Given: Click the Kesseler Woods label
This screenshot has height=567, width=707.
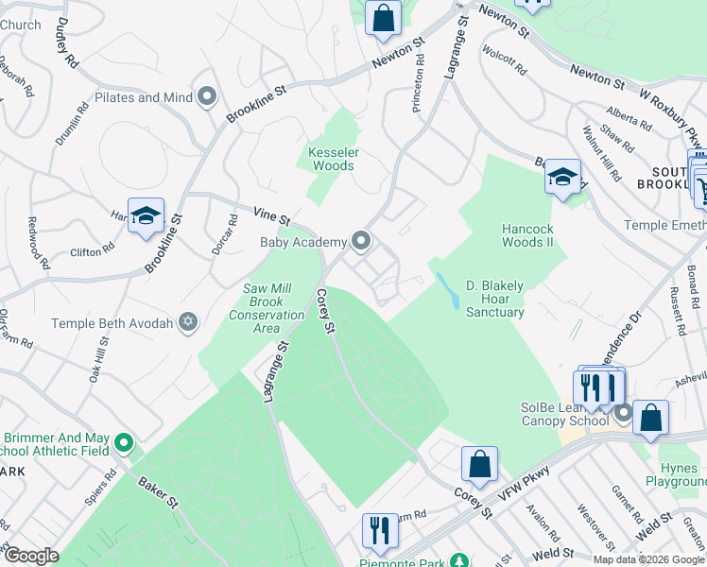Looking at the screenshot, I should [x=331, y=159].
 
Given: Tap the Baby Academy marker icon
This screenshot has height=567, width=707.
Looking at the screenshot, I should [x=361, y=242].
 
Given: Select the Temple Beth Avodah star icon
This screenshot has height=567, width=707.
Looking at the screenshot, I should [x=188, y=323].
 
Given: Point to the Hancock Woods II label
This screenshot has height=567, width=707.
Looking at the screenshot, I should [x=527, y=235].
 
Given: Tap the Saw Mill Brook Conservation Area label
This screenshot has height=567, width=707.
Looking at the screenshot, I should [x=267, y=308].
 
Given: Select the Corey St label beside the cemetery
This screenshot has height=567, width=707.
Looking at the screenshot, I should [x=327, y=311].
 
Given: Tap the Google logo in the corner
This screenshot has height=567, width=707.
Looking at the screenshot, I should [x=31, y=555].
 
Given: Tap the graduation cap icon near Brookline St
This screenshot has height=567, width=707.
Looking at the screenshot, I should [x=146, y=217].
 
